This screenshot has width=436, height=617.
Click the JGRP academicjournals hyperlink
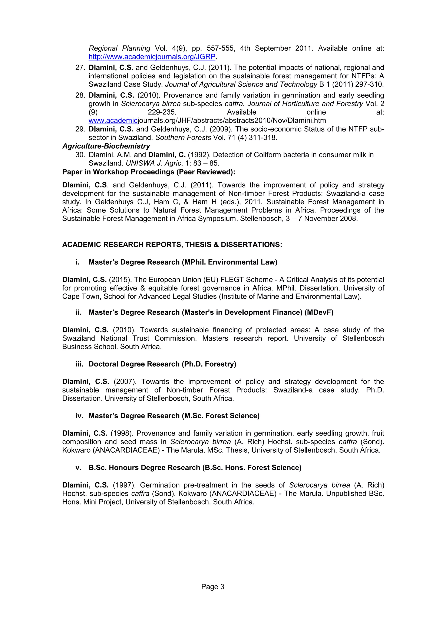pos(152,57)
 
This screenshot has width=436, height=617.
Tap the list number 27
pos(80,68)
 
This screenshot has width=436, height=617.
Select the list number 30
pos(80,155)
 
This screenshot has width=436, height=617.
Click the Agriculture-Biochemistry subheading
pos(106,146)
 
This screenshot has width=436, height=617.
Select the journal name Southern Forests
pos(183,138)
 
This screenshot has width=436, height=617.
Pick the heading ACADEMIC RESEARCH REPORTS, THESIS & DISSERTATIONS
pos(172,244)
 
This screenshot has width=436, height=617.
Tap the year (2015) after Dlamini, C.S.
pos(120,279)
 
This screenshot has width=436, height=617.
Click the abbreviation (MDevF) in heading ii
pos(319,312)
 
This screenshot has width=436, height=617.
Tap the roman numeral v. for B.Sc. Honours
pos(78,467)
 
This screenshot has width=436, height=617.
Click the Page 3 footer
pos(212,587)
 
